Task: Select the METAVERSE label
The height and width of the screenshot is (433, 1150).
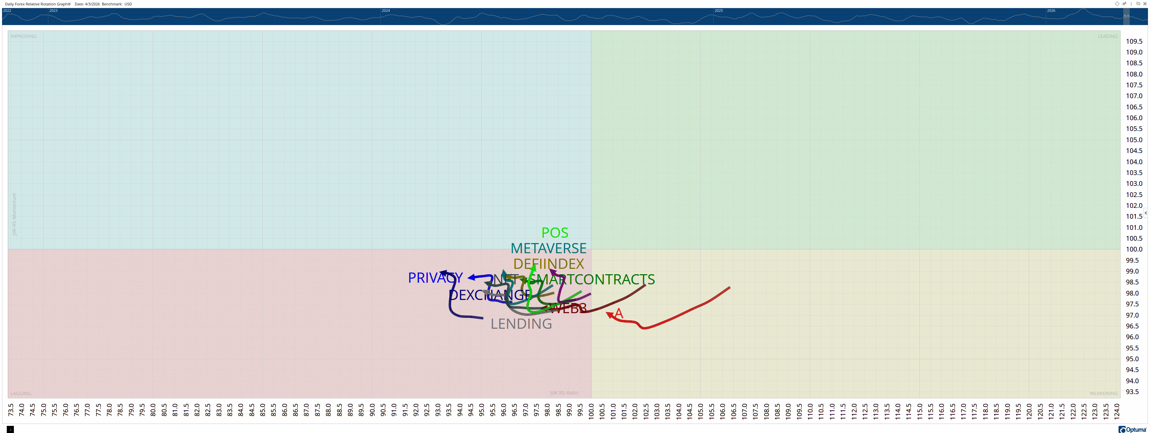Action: pos(548,248)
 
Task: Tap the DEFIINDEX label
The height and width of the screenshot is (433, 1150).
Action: pos(548,264)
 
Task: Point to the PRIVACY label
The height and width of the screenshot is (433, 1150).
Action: pos(435,278)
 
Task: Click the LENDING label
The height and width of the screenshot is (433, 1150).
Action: pos(521,324)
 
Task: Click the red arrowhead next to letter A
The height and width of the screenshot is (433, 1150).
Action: pos(609,315)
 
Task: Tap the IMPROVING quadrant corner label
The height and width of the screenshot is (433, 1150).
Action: pos(24,36)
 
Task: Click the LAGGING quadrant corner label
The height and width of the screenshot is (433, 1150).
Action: pos(21,393)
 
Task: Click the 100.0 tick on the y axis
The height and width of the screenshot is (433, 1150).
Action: pos(1134,249)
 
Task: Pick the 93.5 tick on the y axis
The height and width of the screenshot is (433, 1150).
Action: pos(1132,391)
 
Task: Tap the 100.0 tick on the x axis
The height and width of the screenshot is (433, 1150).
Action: pos(591,410)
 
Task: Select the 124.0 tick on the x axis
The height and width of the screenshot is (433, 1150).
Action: pos(1116,410)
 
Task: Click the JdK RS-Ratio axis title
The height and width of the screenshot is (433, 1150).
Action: pos(564,393)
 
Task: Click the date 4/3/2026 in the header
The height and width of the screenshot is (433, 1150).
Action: pos(92,4)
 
